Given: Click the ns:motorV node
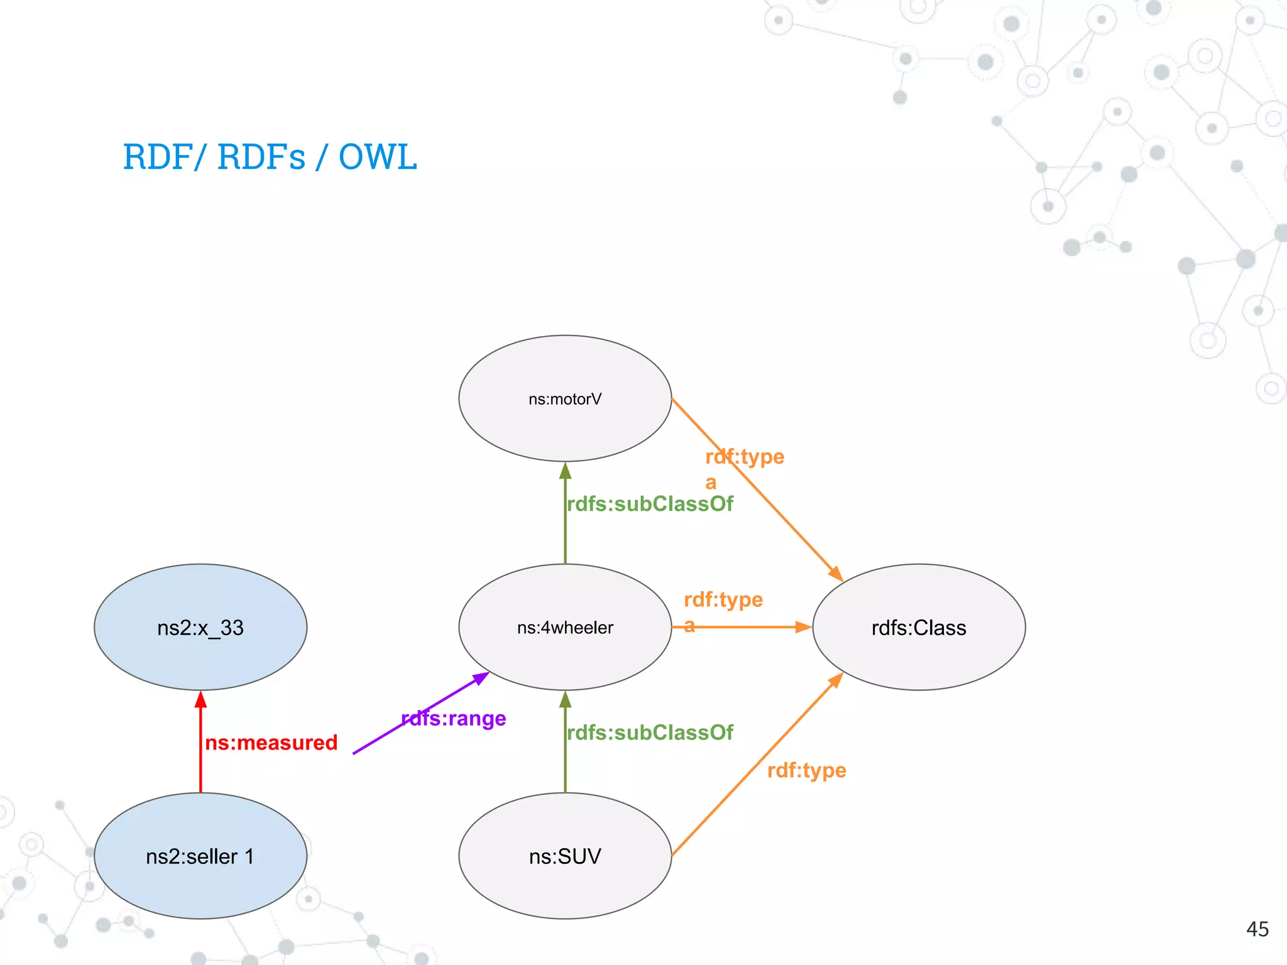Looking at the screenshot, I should click(565, 398).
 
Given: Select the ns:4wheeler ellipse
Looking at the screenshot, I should click(565, 627).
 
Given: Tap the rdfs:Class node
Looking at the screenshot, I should click(918, 627).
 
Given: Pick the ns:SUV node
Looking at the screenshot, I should click(565, 856).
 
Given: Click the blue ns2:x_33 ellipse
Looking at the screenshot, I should click(200, 627).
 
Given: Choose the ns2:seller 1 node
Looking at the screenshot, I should click(200, 856).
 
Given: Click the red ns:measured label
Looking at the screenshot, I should click(271, 743).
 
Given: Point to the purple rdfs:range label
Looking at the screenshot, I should click(454, 718).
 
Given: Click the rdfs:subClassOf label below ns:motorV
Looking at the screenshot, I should click(650, 504).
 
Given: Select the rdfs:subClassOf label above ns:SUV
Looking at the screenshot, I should click(650, 733).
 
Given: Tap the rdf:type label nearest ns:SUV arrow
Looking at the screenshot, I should click(806, 770).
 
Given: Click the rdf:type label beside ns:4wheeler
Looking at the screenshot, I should click(723, 599).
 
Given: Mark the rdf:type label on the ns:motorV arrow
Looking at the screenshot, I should click(745, 457).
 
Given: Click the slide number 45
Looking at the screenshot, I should click(1257, 929).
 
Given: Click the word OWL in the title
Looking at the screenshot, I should click(377, 157).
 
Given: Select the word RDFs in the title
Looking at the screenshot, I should click(261, 157).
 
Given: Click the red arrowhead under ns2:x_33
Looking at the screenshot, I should click(200, 699).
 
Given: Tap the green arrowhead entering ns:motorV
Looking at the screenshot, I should click(565, 470).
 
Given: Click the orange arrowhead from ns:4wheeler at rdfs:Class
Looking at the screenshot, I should click(804, 627).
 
